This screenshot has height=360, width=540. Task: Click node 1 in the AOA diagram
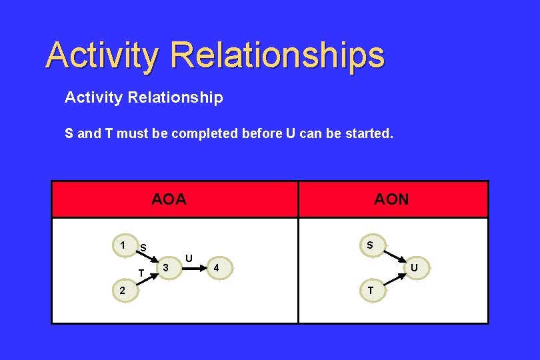tap(122, 245)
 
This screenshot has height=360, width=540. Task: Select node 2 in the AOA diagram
tap(122, 291)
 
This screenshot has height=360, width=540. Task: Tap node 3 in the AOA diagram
tap(165, 268)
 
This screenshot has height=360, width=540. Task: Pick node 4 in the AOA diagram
tap(215, 269)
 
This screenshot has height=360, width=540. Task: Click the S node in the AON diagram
tap(370, 245)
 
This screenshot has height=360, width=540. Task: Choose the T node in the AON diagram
tap(370, 291)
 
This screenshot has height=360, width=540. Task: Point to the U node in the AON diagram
tap(414, 268)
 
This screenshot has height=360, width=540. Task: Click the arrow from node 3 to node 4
tap(190, 269)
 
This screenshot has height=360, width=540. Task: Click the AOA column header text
tap(169, 199)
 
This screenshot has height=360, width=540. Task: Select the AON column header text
tap(391, 199)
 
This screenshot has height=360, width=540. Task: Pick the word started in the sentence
tap(367, 133)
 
